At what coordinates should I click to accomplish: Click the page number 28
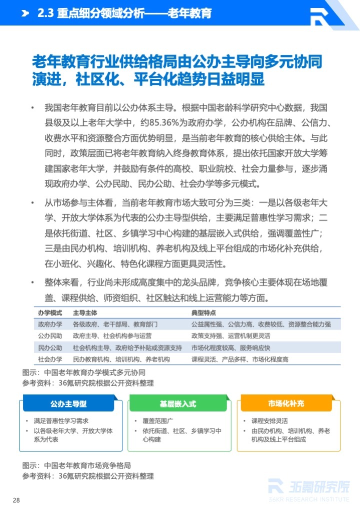coord(16,500)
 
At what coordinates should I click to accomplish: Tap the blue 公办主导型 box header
coord(68,403)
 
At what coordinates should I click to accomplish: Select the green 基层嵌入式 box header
coord(178,403)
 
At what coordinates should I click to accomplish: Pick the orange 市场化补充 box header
coord(286,403)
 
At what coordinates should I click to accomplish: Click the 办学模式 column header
coord(50,312)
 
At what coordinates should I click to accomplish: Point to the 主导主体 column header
coord(85,312)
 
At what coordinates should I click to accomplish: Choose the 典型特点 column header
coord(203,312)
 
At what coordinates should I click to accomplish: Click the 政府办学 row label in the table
coord(50,324)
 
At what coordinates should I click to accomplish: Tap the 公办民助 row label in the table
coord(50,336)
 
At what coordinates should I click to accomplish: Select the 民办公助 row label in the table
coord(50,348)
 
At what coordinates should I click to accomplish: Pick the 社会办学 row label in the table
coord(50,359)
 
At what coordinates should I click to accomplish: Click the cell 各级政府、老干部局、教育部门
coord(115,324)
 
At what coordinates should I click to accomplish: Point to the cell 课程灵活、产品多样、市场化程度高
coord(239,359)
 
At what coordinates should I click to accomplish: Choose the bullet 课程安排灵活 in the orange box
coord(269,421)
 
